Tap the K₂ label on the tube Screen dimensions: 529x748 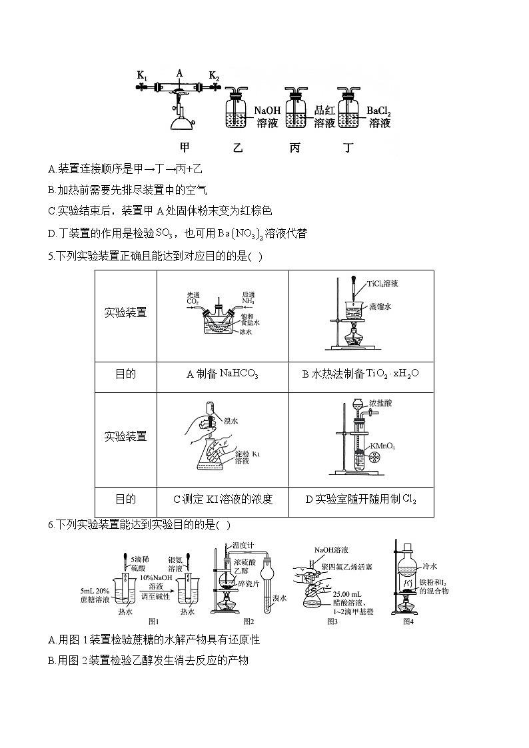215,75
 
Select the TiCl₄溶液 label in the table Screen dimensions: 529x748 382,284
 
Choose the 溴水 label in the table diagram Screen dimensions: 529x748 231,421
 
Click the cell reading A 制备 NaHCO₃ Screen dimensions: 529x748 222,374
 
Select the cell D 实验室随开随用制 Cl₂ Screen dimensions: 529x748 360,499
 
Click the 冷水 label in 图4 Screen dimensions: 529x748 430,565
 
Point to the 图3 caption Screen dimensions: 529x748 332,621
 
